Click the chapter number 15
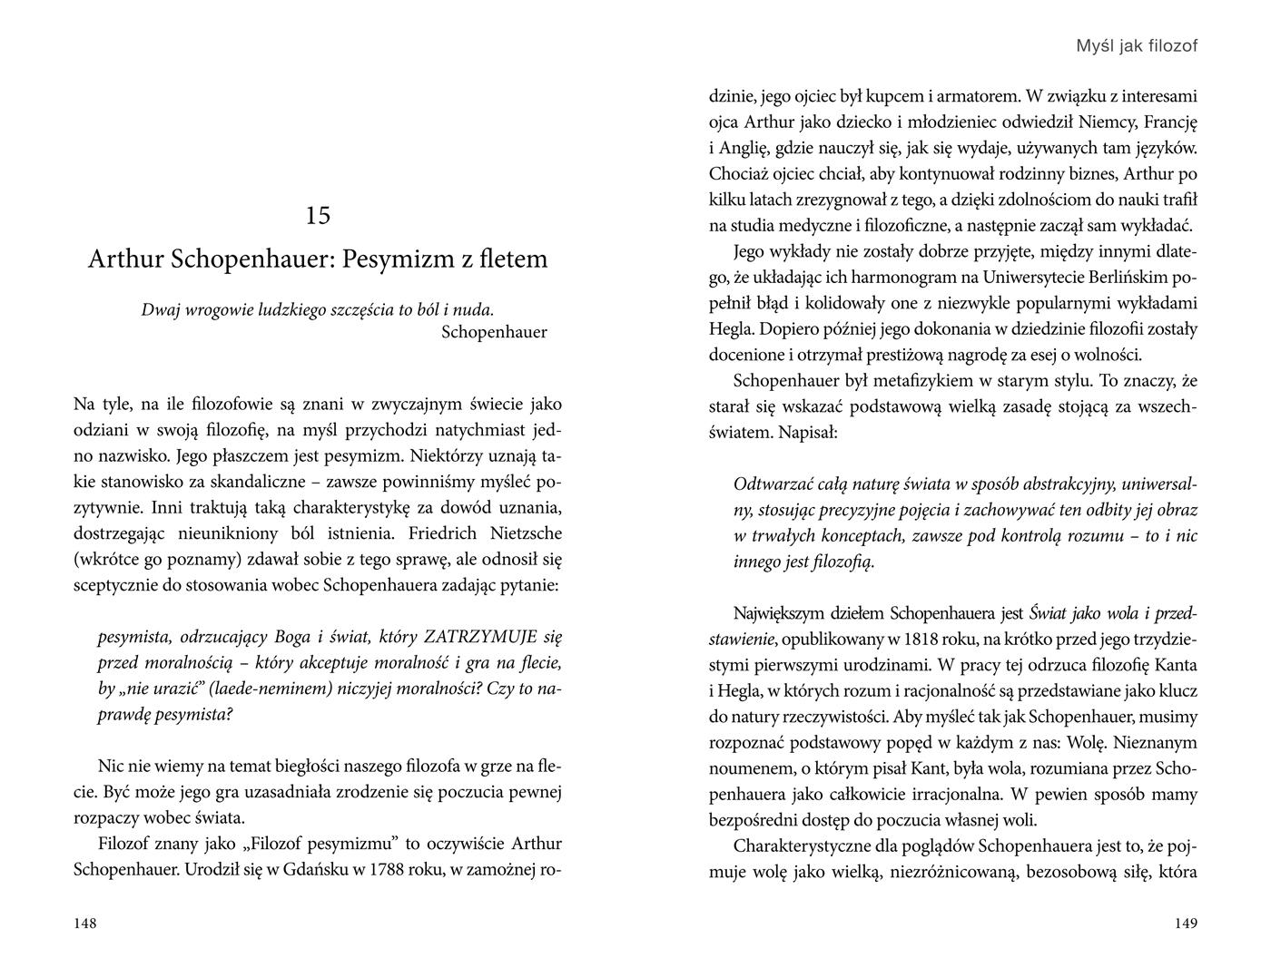point(318,216)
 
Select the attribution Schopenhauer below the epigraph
point(494,332)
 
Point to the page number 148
point(84,923)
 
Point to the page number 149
point(1185,923)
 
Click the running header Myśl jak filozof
point(1136,45)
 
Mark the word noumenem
point(745,768)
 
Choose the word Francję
point(1171,122)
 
